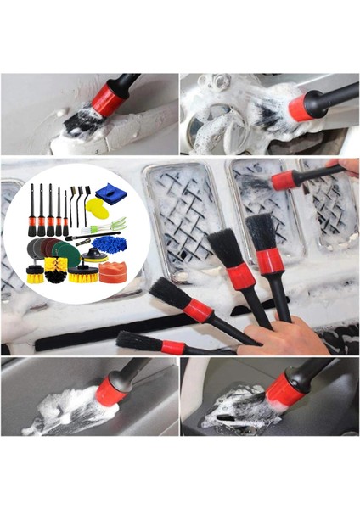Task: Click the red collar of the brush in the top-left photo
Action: [x=108, y=100]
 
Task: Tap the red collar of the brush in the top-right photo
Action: [x=299, y=108]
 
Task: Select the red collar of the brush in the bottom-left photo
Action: [x=110, y=391]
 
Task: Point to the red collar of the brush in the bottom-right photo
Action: [x=285, y=389]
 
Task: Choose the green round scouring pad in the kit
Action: [x=67, y=255]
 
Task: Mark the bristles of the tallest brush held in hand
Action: [x=261, y=231]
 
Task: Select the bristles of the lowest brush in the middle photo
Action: [x=137, y=341]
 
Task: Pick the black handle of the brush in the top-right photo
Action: [x=335, y=96]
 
